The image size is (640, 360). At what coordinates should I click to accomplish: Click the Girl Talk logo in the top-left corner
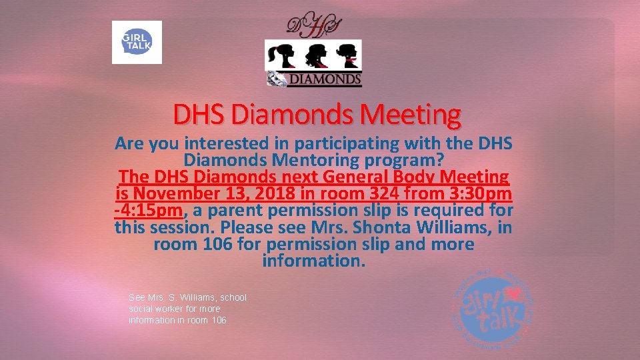point(137,42)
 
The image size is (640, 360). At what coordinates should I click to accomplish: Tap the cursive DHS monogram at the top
point(313,25)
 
